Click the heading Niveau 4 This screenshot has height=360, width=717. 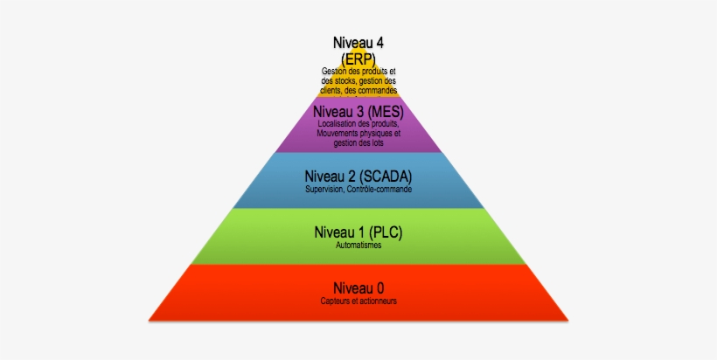click(x=358, y=42)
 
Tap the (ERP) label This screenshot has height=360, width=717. click(x=358, y=57)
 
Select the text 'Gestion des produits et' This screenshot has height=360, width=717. click(x=358, y=71)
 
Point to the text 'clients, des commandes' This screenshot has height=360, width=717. click(x=358, y=90)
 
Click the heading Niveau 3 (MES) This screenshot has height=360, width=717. click(x=358, y=112)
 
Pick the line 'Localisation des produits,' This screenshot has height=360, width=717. click(x=358, y=124)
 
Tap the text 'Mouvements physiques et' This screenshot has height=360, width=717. click(x=358, y=134)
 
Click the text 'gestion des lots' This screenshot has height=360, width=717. click(x=358, y=143)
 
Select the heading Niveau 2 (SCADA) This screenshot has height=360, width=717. click(x=358, y=177)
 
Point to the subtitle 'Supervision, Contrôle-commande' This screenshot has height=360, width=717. click(x=358, y=190)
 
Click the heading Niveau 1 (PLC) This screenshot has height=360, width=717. click(x=358, y=232)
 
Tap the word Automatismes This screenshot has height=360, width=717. click(x=358, y=245)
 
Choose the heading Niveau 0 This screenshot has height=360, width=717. click(x=358, y=287)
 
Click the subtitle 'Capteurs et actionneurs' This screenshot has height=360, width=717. click(x=358, y=301)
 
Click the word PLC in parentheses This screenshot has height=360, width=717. click(x=385, y=232)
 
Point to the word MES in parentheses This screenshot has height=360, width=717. click(x=385, y=112)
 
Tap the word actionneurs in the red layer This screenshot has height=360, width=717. click(x=379, y=301)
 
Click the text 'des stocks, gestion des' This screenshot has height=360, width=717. click(x=358, y=80)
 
